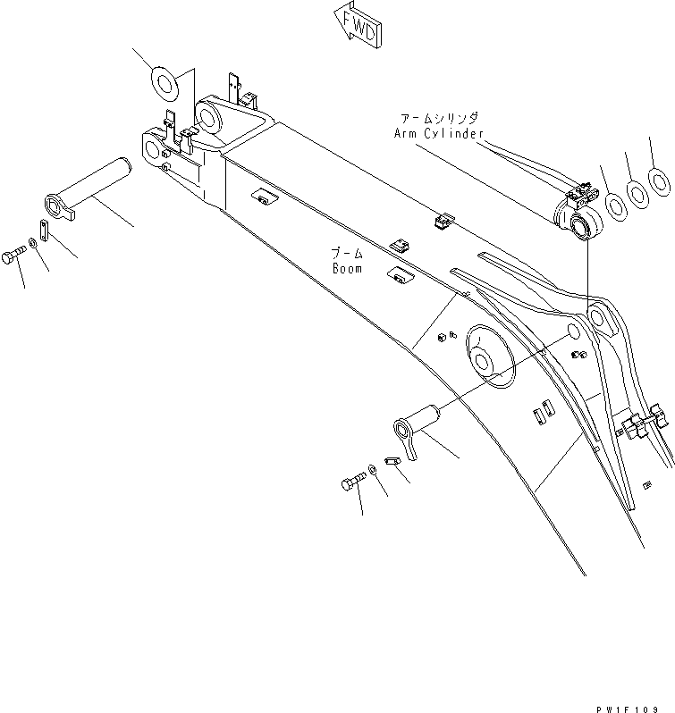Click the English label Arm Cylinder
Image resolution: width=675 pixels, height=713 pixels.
click(438, 133)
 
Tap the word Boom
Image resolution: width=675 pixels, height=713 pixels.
click(347, 268)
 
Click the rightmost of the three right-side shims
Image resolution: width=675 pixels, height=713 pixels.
click(658, 180)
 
